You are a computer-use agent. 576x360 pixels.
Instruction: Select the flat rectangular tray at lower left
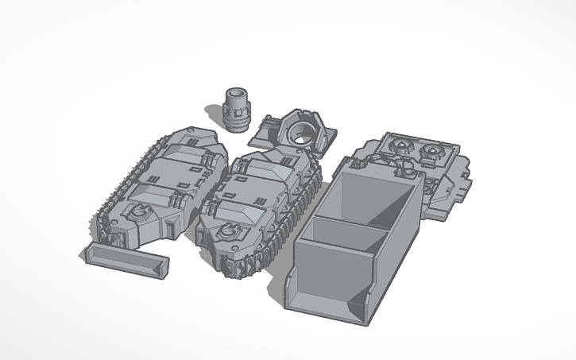point(127,260)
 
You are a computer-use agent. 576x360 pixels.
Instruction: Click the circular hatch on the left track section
point(139,213)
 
